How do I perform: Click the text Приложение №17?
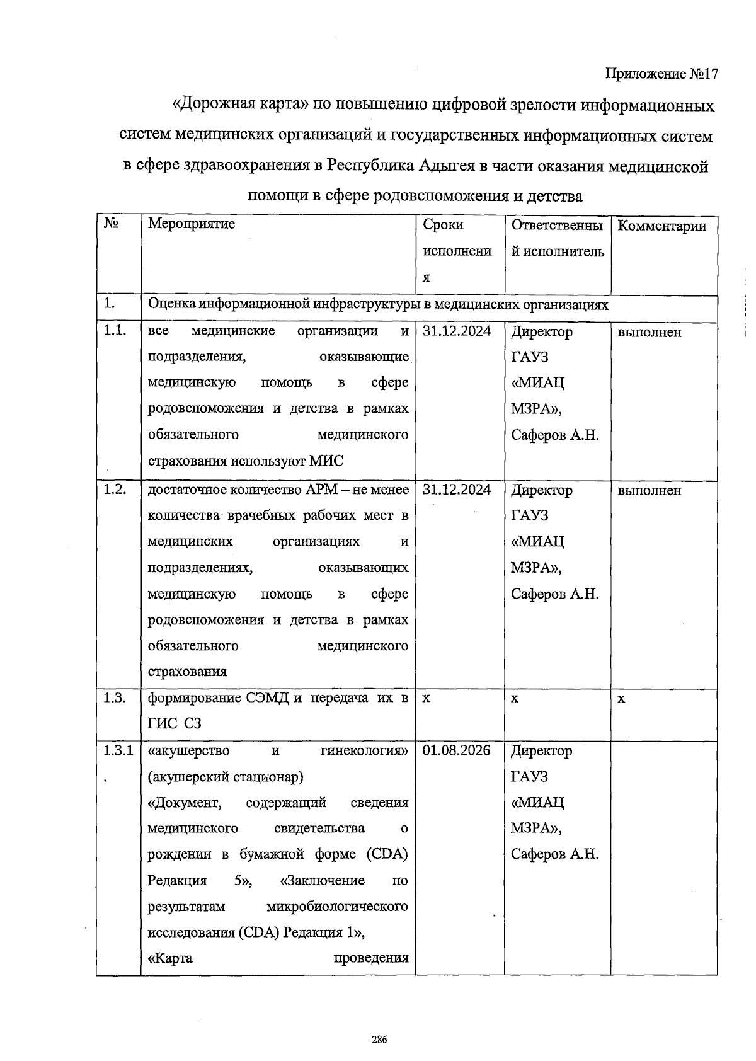(661, 74)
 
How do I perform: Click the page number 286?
(378, 1040)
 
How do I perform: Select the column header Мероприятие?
(191, 224)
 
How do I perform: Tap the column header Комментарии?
(662, 226)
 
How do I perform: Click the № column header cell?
(112, 224)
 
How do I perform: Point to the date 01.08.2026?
(456, 750)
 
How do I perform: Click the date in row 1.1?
(456, 331)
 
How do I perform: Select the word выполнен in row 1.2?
(649, 490)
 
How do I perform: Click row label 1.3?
(115, 697)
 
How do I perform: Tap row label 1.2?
(115, 490)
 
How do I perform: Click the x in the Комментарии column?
(621, 699)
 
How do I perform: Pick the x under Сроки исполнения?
(426, 699)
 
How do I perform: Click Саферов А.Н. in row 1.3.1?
(554, 854)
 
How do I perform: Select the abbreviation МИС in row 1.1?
(327, 461)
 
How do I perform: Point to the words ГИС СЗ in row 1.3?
(175, 723)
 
